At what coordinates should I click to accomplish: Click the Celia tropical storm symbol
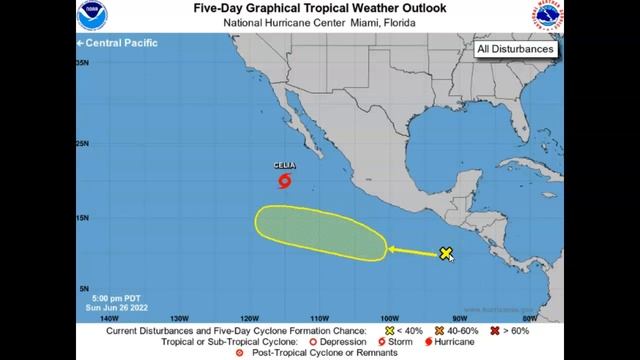pyautogui.click(x=285, y=182)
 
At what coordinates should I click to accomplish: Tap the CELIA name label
pyautogui.click(x=284, y=167)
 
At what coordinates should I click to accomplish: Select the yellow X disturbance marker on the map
pyautogui.click(x=446, y=254)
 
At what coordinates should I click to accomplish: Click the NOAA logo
pyautogui.click(x=91, y=17)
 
